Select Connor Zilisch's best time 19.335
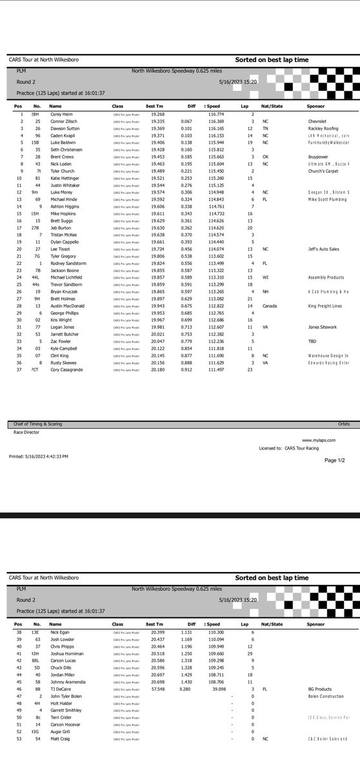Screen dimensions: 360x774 point(154,121)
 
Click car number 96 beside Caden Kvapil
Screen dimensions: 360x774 point(39,135)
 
